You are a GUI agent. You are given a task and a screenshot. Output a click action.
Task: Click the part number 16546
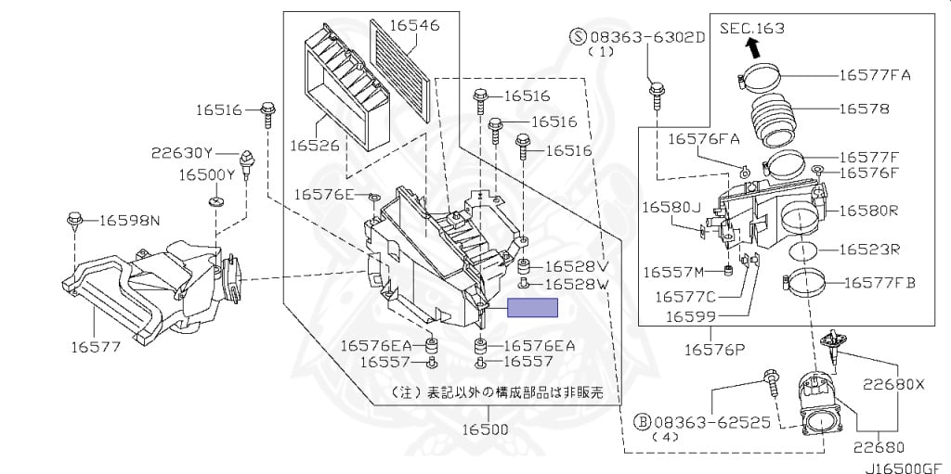click(x=414, y=25)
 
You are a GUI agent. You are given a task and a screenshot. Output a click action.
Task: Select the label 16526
click(x=316, y=146)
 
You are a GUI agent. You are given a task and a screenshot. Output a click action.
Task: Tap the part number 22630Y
click(x=182, y=152)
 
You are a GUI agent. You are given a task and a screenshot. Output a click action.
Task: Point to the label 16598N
click(x=129, y=220)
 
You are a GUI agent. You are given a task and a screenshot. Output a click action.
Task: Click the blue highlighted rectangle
click(x=532, y=308)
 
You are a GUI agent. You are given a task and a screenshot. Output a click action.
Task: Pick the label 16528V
click(x=576, y=266)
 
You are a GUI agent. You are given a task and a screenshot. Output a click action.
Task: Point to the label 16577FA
click(x=875, y=75)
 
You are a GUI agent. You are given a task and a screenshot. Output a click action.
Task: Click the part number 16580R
click(x=868, y=211)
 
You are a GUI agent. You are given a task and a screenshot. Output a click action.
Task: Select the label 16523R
click(x=868, y=249)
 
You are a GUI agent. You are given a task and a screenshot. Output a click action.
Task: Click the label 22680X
click(x=892, y=383)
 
